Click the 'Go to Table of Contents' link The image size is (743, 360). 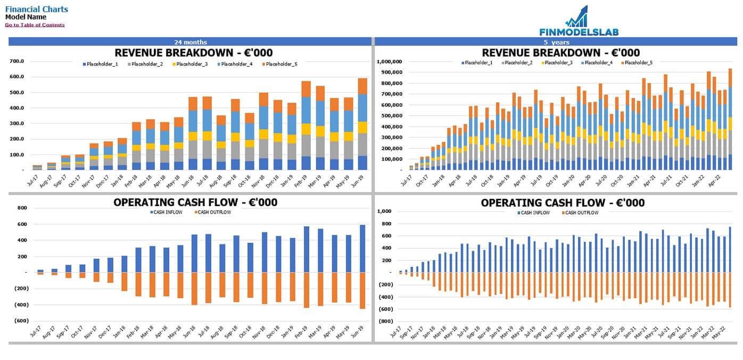(x=35, y=25)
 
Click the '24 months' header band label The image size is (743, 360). (x=190, y=42)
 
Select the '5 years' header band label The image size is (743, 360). (x=556, y=42)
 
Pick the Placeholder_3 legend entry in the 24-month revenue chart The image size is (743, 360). (x=192, y=64)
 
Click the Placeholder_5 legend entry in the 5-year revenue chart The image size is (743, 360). (x=638, y=63)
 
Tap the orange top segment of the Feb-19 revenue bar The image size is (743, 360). (x=306, y=89)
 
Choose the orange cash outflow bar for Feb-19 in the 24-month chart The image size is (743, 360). (x=306, y=290)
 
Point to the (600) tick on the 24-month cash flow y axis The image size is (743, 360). (x=22, y=321)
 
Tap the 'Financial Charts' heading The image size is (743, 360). (x=37, y=9)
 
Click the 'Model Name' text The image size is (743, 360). (x=26, y=17)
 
